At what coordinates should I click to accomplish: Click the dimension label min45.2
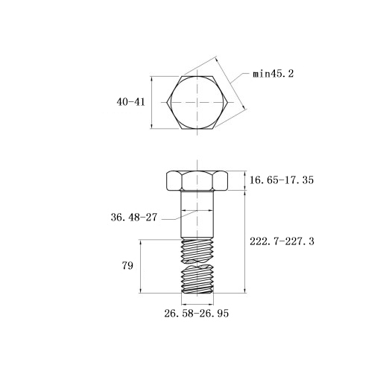coord(273,74)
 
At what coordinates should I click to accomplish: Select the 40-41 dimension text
coord(130,102)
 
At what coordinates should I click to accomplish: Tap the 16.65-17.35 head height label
coord(282,180)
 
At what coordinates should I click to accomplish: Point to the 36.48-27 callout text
coord(134,218)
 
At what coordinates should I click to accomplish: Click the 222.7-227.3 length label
coord(282,241)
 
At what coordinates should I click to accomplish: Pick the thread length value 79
coord(127,266)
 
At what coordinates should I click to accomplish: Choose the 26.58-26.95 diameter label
coord(196,313)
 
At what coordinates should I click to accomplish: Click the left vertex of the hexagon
coord(166,102)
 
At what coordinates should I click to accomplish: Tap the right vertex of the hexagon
coord(228,102)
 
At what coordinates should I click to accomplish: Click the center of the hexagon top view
coord(197,102)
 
